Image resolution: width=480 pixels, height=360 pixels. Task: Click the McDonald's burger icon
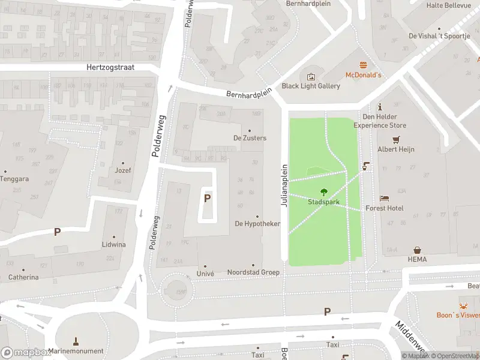pos(363,65)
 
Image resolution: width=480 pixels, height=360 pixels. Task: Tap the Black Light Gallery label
pos(311,86)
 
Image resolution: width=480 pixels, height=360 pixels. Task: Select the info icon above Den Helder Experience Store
pos(379,106)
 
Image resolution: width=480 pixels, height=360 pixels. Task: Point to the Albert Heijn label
pos(396,149)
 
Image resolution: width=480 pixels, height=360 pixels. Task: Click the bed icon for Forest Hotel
pos(385,198)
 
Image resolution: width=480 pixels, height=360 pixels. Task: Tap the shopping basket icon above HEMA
pos(416,250)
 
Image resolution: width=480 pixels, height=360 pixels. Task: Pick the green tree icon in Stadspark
pos(324,192)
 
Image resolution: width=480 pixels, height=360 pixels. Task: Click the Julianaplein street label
pos(285,185)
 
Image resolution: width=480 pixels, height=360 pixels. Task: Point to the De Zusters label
pos(250,138)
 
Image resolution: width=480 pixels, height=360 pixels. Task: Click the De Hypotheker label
pos(257,224)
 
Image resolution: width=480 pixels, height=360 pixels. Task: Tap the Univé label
pos(205,272)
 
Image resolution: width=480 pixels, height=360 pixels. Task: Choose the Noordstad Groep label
pos(253,272)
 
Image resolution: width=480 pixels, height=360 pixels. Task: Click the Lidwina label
pos(114,244)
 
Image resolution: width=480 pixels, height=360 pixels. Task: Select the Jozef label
pos(124,170)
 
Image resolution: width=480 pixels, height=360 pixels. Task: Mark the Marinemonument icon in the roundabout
pos(76,341)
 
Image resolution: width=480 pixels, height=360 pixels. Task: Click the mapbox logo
pos(26,352)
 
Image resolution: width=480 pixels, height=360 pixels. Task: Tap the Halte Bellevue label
pos(448,5)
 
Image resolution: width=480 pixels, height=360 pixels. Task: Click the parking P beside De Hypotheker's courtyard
pos(208,198)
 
